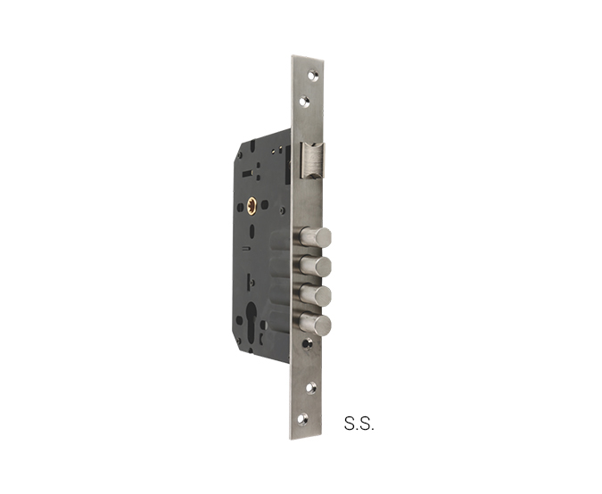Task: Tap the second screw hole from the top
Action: [306, 101]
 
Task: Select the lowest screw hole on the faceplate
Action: [303, 418]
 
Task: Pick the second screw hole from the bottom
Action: [311, 388]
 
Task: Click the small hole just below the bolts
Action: [307, 342]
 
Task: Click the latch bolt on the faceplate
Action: [312, 161]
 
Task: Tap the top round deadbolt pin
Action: [315, 237]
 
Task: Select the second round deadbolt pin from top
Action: [315, 266]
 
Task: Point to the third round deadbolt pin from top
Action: [315, 295]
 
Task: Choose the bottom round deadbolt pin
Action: [315, 324]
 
